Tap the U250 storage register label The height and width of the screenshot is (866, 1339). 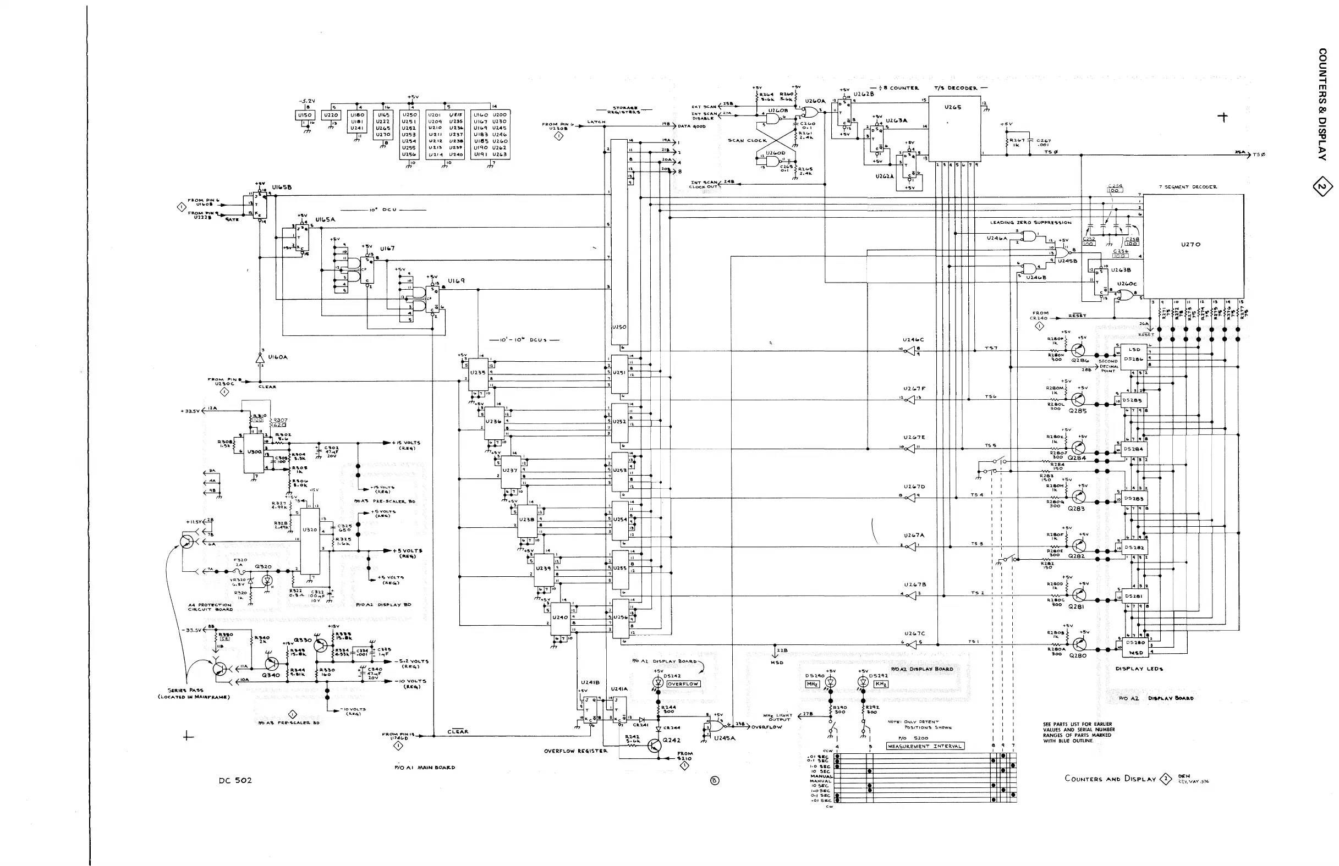coord(619,327)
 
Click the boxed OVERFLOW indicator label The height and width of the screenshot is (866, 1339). coord(683,684)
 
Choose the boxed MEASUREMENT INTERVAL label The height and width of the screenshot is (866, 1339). coord(925,746)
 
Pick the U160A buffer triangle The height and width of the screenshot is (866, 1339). coord(260,357)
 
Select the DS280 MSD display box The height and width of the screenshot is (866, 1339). coord(1133,647)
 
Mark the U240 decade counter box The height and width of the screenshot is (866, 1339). coord(560,618)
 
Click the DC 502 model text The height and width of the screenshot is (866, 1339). coord(235,781)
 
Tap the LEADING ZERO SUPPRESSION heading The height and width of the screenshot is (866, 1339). coord(1031,223)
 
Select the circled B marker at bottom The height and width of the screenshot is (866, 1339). coord(715,781)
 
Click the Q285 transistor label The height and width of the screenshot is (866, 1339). coord(1077,411)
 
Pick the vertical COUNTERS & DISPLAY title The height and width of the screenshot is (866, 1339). coord(1322,104)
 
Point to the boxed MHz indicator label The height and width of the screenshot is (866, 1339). coord(813,684)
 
